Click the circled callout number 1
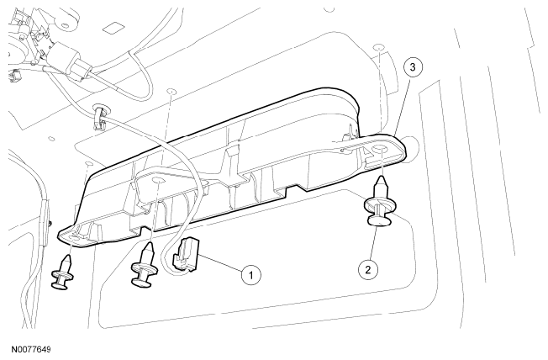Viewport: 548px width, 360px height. click(251, 275)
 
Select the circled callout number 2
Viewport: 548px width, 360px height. click(368, 269)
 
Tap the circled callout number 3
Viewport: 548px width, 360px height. click(413, 67)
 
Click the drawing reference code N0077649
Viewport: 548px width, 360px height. click(31, 349)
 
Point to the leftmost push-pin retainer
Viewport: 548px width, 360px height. click(62, 272)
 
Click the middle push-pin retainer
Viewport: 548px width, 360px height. click(144, 266)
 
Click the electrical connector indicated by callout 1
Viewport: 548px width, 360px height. click(187, 255)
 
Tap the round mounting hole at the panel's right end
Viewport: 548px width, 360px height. click(380, 150)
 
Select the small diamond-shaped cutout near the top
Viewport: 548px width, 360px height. click(113, 28)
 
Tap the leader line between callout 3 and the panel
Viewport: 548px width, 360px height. click(402, 106)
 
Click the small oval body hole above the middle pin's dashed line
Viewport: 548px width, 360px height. click(171, 92)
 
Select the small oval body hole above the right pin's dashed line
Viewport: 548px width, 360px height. click(379, 47)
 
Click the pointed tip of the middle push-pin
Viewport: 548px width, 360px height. click(148, 244)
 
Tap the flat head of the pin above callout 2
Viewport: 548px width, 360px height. click(379, 220)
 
